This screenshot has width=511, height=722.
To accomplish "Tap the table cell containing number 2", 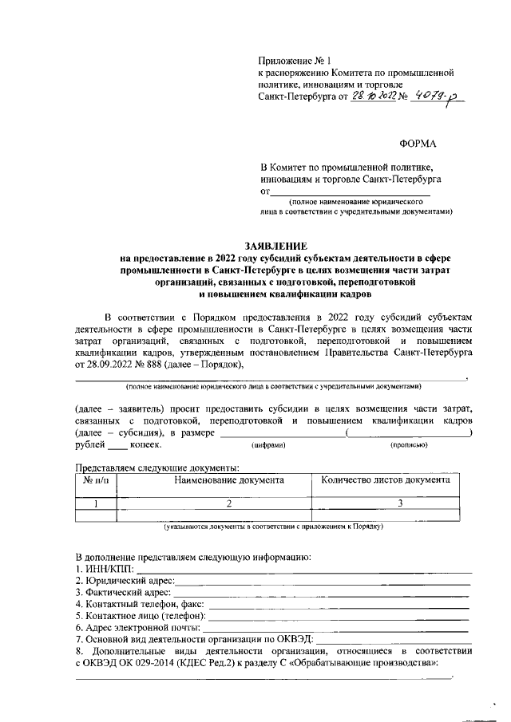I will [228, 503].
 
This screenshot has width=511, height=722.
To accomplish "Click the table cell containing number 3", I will [400, 503].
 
